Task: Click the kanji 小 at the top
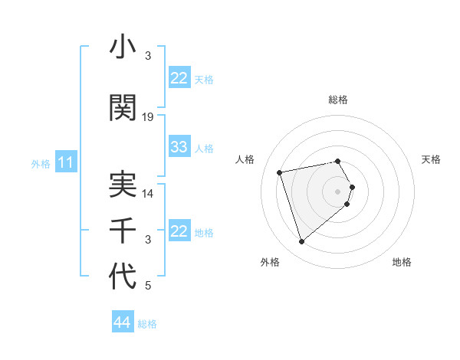[123, 48]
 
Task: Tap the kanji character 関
[123, 107]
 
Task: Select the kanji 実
[123, 185]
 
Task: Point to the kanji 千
[123, 231]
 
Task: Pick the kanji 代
[123, 277]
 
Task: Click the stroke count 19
[148, 117]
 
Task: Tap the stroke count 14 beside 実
[148, 194]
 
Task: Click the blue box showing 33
[179, 147]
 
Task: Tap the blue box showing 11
[65, 162]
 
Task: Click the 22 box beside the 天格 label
[179, 78]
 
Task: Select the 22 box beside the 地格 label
[179, 231]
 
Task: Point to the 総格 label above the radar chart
[338, 100]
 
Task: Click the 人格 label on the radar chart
[245, 159]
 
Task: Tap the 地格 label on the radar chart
[402, 263]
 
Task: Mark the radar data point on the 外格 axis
[301, 242]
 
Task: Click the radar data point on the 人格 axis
[280, 172]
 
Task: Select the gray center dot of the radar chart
[338, 191]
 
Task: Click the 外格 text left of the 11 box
[40, 163]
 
